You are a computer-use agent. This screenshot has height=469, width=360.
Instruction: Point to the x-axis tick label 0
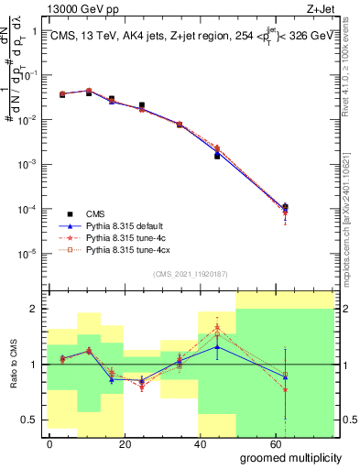pyautogui.click(x=49, y=443)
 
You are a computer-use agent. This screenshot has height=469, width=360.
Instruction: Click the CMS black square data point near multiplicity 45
pyautogui.click(x=217, y=156)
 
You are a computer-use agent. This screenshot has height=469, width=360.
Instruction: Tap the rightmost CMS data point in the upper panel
pyautogui.click(x=286, y=207)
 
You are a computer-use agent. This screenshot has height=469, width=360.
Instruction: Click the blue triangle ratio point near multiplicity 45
pyautogui.click(x=217, y=346)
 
